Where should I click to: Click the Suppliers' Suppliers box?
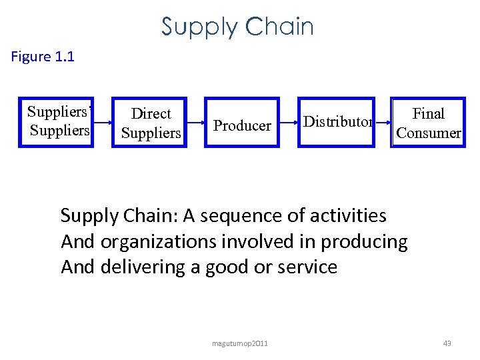[x=56, y=122]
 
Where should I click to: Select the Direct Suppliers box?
[x=151, y=123]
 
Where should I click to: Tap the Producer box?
[x=242, y=123]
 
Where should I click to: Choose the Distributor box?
[x=337, y=122]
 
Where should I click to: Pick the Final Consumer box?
[x=428, y=123]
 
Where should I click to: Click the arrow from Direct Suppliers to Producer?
[x=195, y=123]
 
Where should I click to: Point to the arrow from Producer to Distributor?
[x=287, y=123]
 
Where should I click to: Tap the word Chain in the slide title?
[x=279, y=27]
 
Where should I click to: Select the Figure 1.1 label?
[x=43, y=57]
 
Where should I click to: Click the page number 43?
[x=447, y=343]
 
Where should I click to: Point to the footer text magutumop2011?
[x=239, y=343]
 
